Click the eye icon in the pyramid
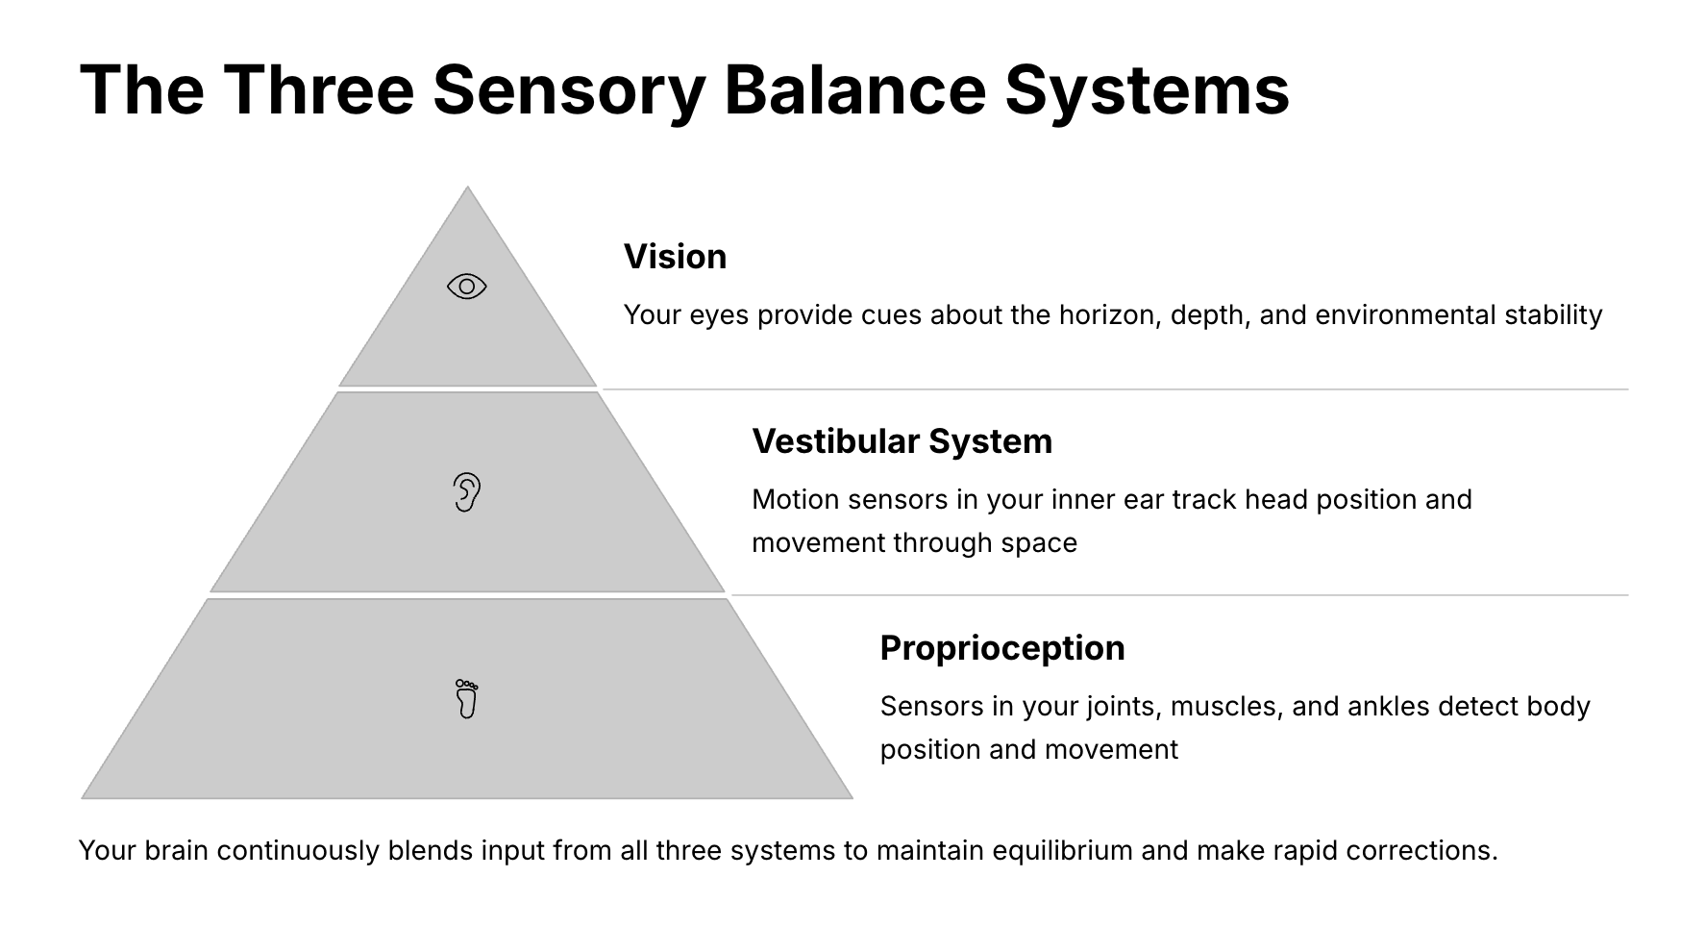coord(467,287)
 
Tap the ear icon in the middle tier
coord(467,492)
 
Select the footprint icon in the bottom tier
coord(467,699)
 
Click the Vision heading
coord(675,257)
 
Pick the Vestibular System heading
coord(902,441)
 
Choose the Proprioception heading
coord(1002,648)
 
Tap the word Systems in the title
coord(1148,91)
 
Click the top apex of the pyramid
coord(467,187)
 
